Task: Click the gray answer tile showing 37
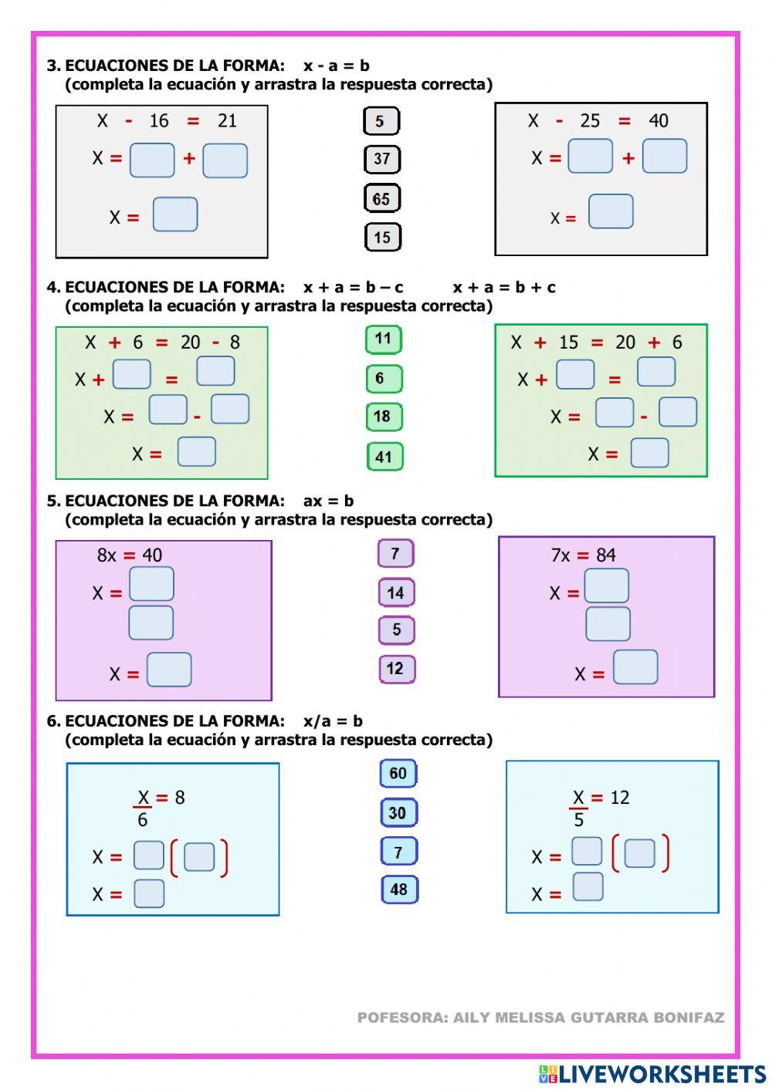(x=381, y=159)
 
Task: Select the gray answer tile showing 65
(x=381, y=198)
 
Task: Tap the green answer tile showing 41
(x=384, y=457)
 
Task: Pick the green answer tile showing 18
(x=383, y=417)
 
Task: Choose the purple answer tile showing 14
(x=396, y=592)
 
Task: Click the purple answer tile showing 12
(x=396, y=669)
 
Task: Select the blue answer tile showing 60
(x=398, y=773)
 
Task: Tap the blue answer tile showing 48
(x=398, y=889)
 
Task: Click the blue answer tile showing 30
(x=398, y=812)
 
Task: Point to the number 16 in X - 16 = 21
(x=159, y=121)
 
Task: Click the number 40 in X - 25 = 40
(x=659, y=121)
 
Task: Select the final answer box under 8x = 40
(x=169, y=670)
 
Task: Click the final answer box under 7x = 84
(x=635, y=667)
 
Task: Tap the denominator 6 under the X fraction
(x=142, y=820)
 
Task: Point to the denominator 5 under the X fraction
(x=578, y=820)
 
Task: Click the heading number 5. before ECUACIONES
(x=53, y=501)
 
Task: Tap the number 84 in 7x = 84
(x=606, y=555)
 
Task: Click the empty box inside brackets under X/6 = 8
(x=199, y=857)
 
